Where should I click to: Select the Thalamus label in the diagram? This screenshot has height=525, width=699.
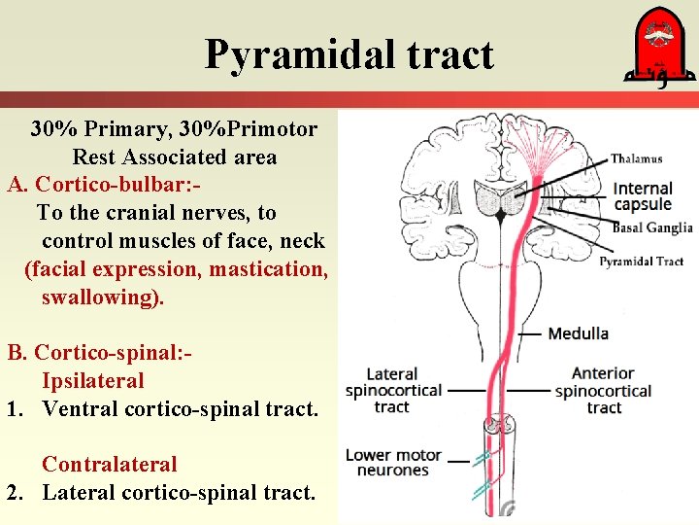[x=637, y=158]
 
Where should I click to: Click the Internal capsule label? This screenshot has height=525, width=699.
[x=643, y=195]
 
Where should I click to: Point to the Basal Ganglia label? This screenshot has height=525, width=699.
[x=651, y=227]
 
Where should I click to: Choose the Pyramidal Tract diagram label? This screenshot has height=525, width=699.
[x=641, y=261]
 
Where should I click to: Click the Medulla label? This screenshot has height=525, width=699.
[x=579, y=333]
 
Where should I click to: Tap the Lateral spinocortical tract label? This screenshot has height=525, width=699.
[x=392, y=390]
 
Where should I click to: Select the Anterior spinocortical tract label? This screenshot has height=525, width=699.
[x=603, y=390]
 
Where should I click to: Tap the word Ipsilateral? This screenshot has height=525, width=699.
[x=92, y=381]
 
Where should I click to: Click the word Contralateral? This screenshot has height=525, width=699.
[x=110, y=465]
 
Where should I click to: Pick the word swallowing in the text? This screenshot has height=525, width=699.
[x=101, y=297]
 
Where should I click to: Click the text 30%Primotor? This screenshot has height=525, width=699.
[x=254, y=128]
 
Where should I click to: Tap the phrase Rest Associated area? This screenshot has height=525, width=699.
[x=174, y=157]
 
